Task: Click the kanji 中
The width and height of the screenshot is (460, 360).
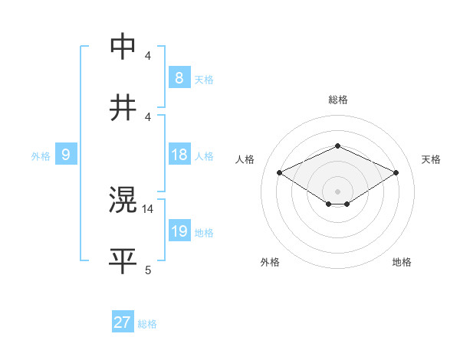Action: (x=123, y=45)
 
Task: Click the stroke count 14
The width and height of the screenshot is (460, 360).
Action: (x=149, y=208)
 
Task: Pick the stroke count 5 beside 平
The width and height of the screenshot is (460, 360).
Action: (x=148, y=270)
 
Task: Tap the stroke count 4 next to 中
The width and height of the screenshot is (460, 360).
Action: (x=148, y=55)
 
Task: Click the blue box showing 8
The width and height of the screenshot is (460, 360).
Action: (x=179, y=77)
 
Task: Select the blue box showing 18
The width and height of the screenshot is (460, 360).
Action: (x=179, y=155)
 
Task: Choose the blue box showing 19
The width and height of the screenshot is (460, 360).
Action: (x=179, y=231)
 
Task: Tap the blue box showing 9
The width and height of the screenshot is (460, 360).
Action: (x=66, y=155)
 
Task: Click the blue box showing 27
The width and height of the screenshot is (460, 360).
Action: (x=122, y=322)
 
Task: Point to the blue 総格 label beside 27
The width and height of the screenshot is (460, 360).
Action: (x=147, y=324)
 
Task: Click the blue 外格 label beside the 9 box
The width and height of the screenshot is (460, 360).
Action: (x=41, y=156)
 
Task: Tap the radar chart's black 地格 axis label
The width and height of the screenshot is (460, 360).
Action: (x=402, y=262)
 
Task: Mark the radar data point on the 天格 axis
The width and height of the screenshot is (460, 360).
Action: (x=396, y=173)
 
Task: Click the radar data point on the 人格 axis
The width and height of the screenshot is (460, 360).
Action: (x=280, y=173)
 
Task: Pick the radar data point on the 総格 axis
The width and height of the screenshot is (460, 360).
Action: (x=337, y=146)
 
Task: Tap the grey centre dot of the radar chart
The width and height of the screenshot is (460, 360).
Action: (x=337, y=191)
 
